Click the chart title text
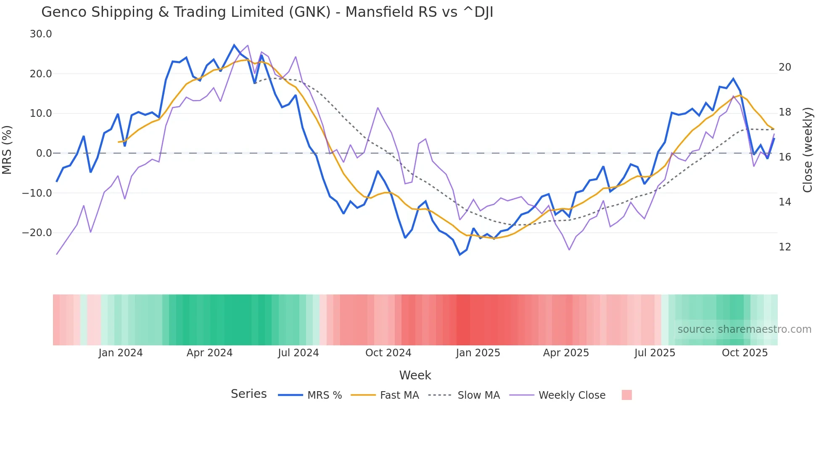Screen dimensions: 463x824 pyautogui.click(x=267, y=12)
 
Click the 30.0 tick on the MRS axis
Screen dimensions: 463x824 pyautogui.click(x=41, y=34)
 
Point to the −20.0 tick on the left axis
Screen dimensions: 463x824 pyautogui.click(x=37, y=233)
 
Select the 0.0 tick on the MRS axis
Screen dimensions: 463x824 pyautogui.click(x=44, y=153)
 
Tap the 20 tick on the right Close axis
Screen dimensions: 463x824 pyautogui.click(x=785, y=67)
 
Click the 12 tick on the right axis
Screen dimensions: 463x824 pyautogui.click(x=785, y=247)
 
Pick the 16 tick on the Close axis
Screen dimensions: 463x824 pyautogui.click(x=785, y=157)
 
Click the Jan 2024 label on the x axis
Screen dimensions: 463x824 pyautogui.click(x=121, y=353)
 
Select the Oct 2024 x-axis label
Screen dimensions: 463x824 pyautogui.click(x=388, y=353)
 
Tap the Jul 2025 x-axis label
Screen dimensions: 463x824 pyautogui.click(x=655, y=353)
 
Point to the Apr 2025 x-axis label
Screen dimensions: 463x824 pyautogui.click(x=566, y=353)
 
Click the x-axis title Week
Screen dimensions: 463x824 pyautogui.click(x=415, y=375)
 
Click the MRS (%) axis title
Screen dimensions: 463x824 pyautogui.click(x=7, y=150)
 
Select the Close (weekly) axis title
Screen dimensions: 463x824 pyautogui.click(x=808, y=150)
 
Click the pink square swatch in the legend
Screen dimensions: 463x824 pyautogui.click(x=626, y=395)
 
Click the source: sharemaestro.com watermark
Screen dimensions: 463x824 pyautogui.click(x=744, y=329)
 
